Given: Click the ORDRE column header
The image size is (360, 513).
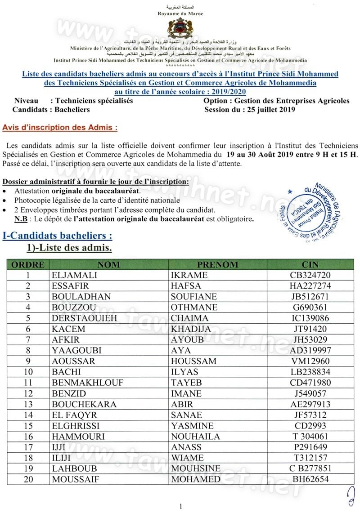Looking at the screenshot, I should coord(27,265).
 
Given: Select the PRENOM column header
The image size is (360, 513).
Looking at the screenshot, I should coord(218,265).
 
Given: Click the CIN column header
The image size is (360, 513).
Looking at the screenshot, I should coord(310,265).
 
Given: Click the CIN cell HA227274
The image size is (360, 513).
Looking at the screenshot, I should coord(310,286).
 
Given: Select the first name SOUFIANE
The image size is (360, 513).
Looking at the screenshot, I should coord(193,297).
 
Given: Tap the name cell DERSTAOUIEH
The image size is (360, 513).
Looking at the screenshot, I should coord(79,318).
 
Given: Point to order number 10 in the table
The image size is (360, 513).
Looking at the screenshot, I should coord(28,372).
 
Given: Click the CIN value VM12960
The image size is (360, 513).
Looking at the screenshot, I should coord(310,361).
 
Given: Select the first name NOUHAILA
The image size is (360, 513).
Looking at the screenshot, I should coord(196,436).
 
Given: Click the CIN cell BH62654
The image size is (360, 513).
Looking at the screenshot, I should coord(310,479).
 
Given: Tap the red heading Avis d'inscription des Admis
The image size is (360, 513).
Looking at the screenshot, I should coord(60,127).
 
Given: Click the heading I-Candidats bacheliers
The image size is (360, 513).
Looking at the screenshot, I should coord(57,235).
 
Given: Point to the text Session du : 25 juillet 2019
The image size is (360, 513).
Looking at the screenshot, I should coord(250,109).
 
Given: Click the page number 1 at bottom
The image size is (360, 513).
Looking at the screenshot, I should coord(180,506).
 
